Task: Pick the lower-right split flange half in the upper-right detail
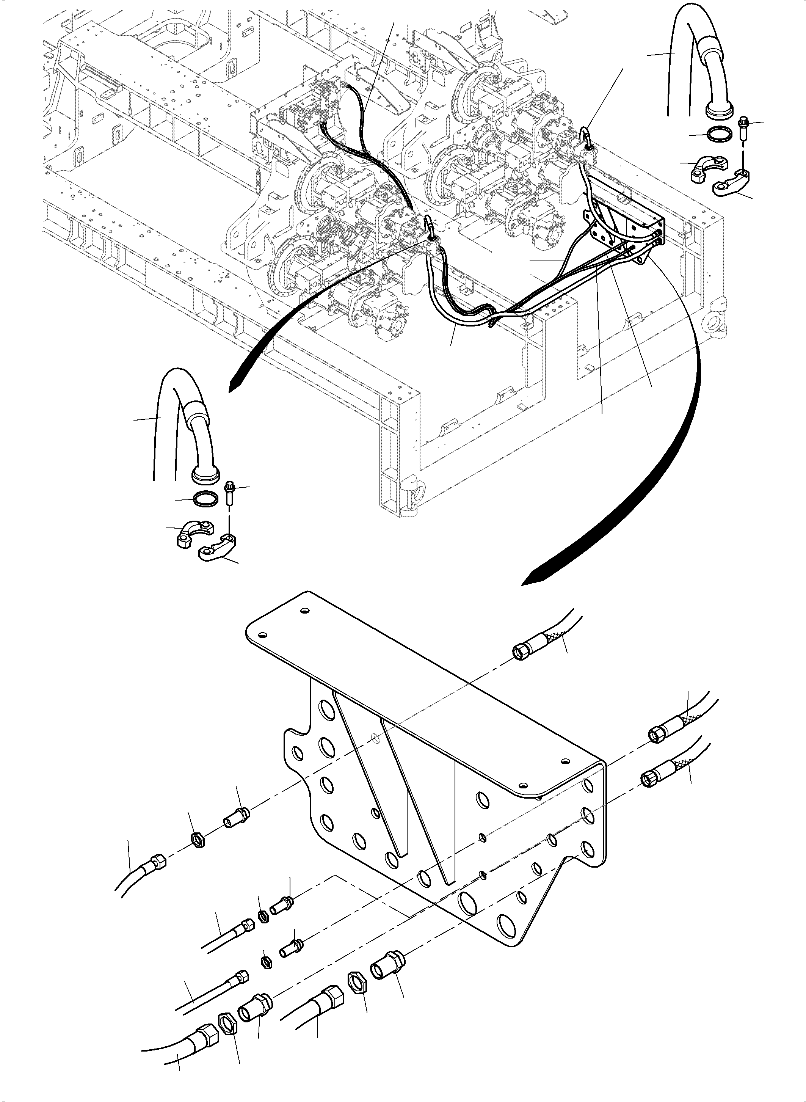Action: tap(731, 186)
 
